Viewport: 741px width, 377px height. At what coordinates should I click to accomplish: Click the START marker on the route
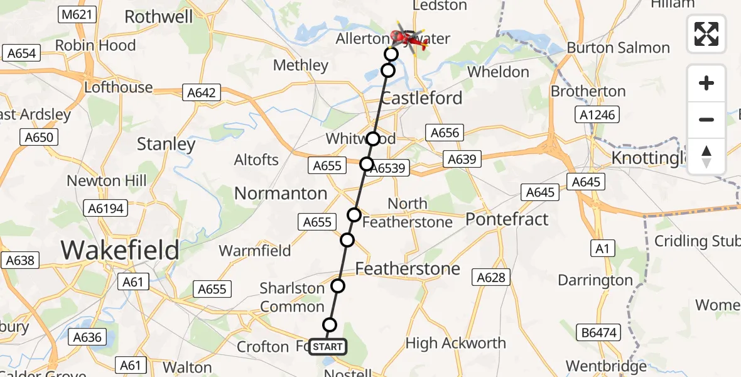pos(327,347)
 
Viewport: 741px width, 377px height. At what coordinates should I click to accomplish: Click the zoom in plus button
pos(706,83)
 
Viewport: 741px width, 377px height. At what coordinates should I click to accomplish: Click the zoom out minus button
pos(706,119)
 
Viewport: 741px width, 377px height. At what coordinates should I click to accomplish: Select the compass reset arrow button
pos(706,156)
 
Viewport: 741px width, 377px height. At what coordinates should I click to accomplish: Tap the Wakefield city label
pos(120,250)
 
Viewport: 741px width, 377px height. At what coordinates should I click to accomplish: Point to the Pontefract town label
pos(507,219)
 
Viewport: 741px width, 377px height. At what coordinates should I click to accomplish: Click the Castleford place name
pos(421,98)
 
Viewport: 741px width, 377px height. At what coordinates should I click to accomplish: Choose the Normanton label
pos(281,193)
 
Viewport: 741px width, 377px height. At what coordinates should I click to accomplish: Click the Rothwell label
pos(159,16)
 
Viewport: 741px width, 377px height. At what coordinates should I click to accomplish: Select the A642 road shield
pos(201,94)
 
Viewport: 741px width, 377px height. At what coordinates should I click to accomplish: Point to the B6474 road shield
pos(597,332)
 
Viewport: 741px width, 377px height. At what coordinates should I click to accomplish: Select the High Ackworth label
pos(456,343)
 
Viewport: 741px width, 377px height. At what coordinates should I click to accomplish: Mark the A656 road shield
pos(445,133)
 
